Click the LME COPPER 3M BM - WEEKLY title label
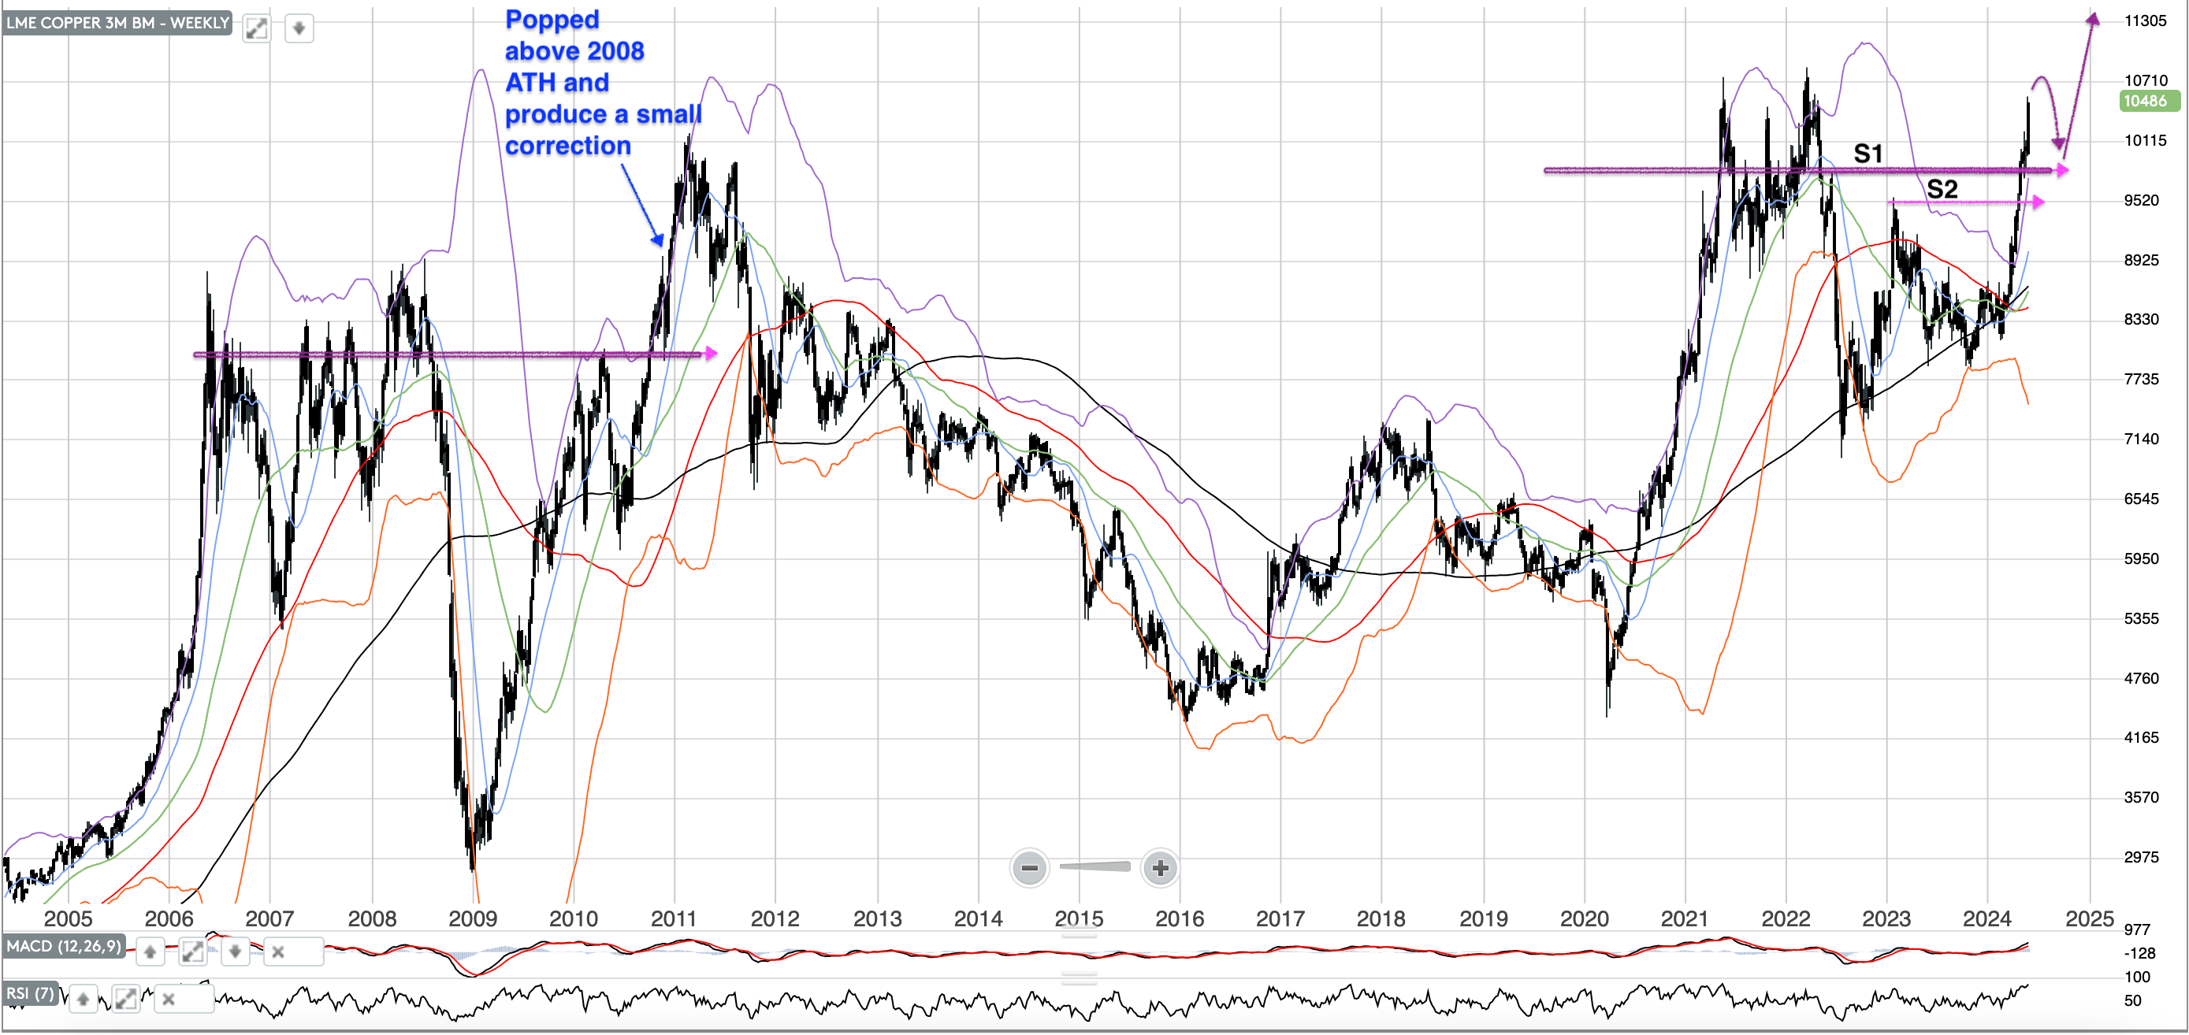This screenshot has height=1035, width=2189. click(117, 23)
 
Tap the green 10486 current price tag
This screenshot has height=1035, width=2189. click(2146, 101)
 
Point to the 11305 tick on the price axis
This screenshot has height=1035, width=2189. click(2145, 21)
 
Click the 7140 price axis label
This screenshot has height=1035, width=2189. click(2142, 440)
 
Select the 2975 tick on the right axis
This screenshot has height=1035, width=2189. click(2142, 858)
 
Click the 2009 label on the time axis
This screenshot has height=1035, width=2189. click(473, 918)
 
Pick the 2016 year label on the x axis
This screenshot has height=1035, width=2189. click(1180, 918)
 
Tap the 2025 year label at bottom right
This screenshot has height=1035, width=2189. click(2089, 918)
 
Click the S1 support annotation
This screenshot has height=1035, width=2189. click(1868, 154)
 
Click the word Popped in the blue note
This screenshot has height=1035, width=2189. click(552, 20)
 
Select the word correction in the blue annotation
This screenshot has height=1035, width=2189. click(567, 147)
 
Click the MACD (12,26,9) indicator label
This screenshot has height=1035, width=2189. click(64, 947)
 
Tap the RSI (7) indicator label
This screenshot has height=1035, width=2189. click(31, 993)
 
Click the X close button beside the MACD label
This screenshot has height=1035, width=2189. click(278, 952)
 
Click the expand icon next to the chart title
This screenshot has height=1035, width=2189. click(256, 29)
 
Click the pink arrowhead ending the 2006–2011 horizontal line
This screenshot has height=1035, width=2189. click(711, 353)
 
